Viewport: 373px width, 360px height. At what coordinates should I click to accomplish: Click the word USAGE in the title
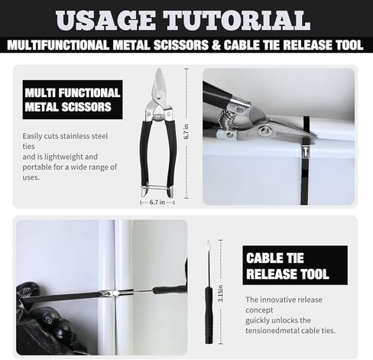tap(105, 21)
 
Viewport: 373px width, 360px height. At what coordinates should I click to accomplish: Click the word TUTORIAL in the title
tap(236, 21)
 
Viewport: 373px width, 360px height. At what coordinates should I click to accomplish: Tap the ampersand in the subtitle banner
tap(216, 45)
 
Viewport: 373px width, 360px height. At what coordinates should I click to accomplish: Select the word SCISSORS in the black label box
tap(86, 107)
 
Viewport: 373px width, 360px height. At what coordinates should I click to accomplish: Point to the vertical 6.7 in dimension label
tap(186, 132)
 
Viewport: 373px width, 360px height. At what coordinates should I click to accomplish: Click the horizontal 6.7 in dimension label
tap(157, 203)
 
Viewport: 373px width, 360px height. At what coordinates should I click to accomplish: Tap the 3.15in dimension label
tap(221, 294)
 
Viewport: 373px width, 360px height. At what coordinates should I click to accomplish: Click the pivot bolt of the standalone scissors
tap(160, 96)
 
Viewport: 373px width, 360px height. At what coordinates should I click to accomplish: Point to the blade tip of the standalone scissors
tap(159, 70)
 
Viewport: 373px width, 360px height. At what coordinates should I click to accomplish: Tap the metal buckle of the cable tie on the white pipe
tap(306, 151)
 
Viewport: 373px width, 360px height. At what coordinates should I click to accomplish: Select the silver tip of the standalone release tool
tap(209, 245)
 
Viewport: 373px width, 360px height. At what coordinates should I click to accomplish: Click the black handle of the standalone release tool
tap(209, 315)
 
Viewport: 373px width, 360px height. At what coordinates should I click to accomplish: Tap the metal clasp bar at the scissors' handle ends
tap(157, 187)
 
